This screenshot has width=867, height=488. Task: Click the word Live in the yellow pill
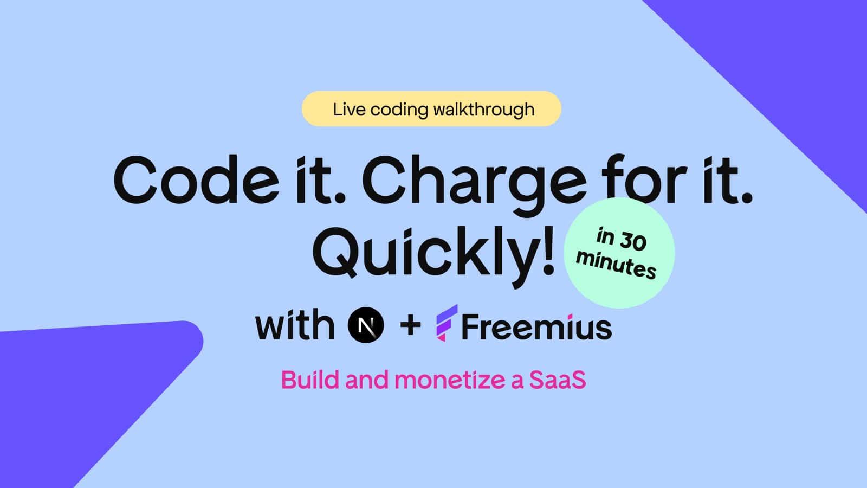349,109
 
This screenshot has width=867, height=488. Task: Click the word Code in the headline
196,179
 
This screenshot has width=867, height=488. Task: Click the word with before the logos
295,324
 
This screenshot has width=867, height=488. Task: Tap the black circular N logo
366,325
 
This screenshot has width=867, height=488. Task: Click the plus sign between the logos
410,325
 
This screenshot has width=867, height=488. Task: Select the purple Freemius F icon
447,323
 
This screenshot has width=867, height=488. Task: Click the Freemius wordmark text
537,326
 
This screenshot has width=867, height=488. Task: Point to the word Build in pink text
310,380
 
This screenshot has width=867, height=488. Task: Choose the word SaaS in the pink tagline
558,380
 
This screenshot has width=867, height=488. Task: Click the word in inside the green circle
606,235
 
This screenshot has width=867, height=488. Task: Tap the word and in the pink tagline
367,380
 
